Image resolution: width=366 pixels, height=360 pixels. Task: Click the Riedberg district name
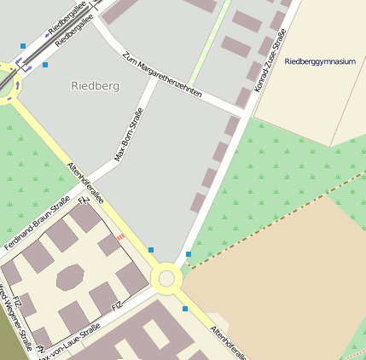96,86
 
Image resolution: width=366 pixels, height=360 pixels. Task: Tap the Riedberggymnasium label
320,61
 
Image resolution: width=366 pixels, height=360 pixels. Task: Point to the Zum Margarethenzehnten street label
162,75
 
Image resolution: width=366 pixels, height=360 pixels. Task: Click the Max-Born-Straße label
128,135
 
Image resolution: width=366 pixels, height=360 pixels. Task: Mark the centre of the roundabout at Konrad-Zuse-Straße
166,278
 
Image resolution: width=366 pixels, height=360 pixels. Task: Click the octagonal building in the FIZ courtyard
70,277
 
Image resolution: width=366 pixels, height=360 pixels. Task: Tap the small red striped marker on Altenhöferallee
120,236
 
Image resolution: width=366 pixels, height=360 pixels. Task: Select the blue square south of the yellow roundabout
184,309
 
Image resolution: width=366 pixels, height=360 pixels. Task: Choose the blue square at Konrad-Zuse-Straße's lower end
189,254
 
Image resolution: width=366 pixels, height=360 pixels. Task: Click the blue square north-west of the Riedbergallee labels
23,45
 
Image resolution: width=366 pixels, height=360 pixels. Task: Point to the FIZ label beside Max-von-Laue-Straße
118,305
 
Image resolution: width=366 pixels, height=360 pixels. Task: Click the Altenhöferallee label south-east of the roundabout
229,340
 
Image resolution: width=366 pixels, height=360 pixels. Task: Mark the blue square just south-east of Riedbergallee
45,64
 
